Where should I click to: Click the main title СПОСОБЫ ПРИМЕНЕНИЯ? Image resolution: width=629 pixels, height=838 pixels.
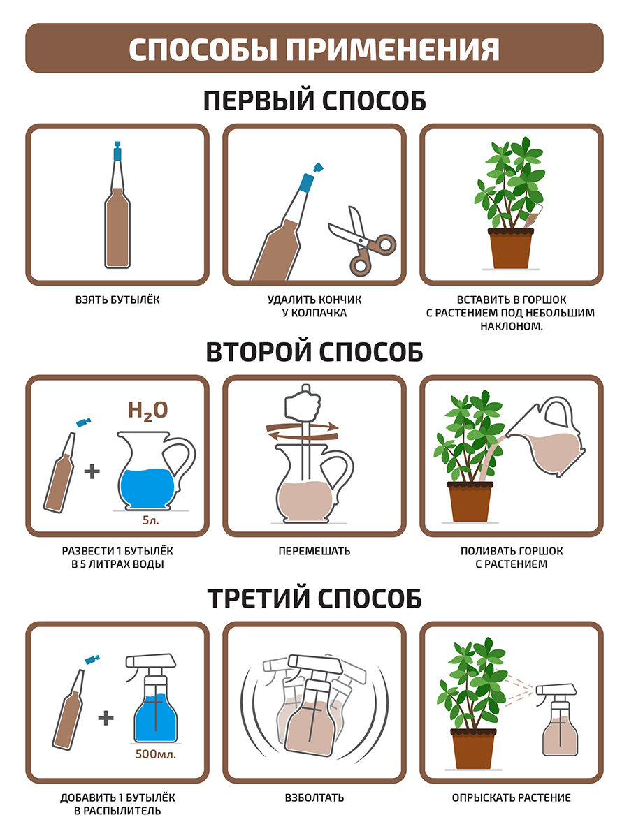(314, 50)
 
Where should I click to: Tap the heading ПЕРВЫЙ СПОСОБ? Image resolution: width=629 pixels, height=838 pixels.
(314, 101)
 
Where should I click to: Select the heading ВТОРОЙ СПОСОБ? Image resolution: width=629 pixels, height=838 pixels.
(314, 352)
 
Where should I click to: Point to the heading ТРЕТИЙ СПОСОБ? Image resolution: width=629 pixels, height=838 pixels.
(314, 598)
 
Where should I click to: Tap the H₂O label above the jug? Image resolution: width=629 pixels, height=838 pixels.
(147, 411)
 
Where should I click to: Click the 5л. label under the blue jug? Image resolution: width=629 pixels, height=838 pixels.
(150, 520)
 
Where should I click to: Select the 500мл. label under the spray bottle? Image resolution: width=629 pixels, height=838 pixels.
(155, 754)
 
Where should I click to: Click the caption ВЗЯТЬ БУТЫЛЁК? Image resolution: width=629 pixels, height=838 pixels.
(117, 300)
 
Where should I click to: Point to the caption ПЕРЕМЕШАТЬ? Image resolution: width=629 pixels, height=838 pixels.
(314, 551)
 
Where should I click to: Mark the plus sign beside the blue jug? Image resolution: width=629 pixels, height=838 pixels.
(92, 471)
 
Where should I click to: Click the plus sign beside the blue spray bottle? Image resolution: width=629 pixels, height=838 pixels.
(106, 717)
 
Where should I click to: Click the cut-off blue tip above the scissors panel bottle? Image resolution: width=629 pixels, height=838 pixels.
(318, 167)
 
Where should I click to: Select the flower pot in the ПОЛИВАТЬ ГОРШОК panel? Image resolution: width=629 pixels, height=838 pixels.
(470, 501)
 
